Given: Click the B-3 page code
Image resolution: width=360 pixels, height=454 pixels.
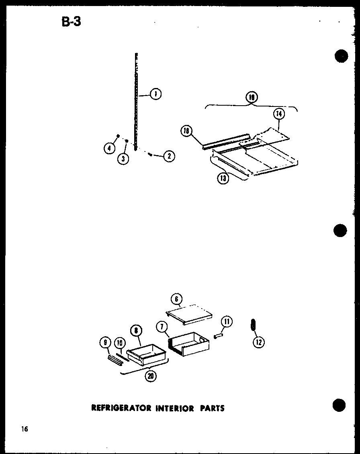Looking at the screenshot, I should point(71,21).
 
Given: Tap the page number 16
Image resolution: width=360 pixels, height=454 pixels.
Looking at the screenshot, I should point(25,429).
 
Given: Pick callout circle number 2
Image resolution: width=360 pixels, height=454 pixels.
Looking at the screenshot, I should point(169,156).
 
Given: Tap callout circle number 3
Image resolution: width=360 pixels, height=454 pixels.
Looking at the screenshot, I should point(123,159).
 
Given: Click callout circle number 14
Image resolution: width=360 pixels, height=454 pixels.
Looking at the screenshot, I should point(279,114).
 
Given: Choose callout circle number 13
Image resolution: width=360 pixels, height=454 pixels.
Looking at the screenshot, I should point(223,178).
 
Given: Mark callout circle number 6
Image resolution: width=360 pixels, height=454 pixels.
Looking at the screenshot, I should point(176,299).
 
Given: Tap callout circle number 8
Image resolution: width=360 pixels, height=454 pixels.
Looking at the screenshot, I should point(136,330).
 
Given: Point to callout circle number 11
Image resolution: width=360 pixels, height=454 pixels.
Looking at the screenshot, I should point(227,321).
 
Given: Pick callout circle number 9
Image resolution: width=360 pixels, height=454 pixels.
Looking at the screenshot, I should point(105,343).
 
